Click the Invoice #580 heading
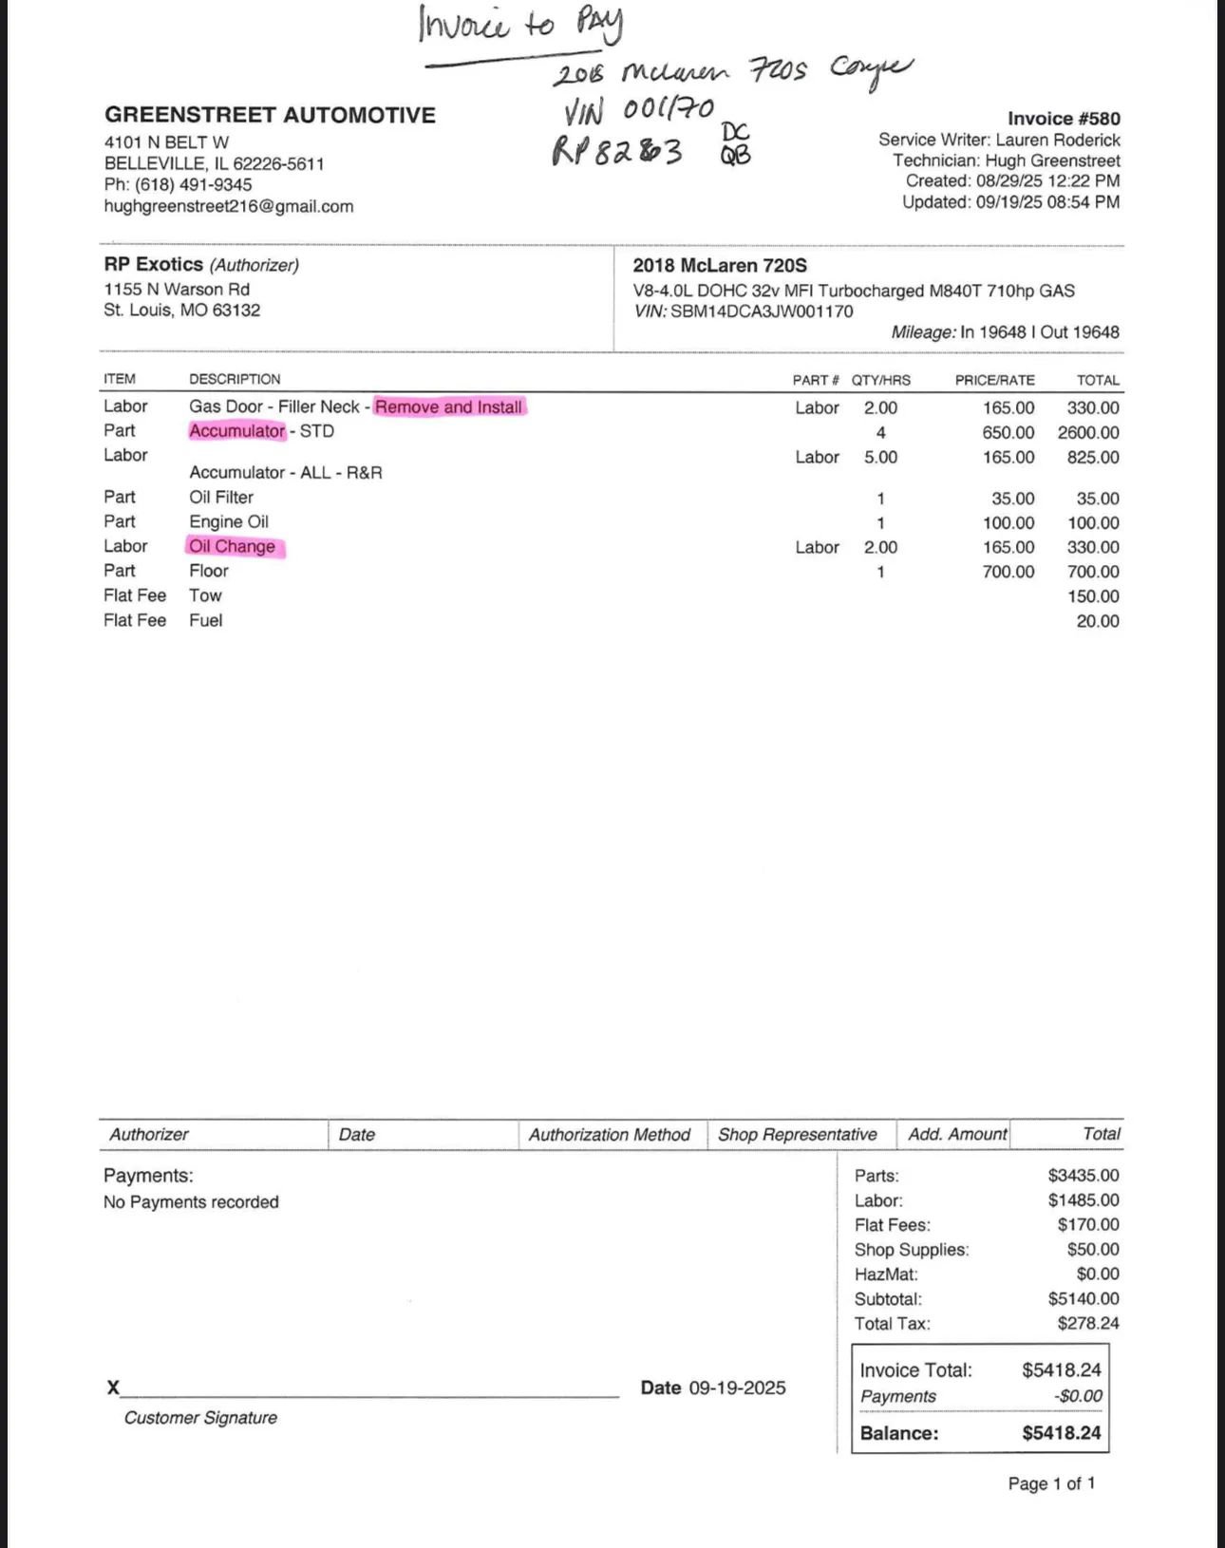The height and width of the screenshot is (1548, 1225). coord(1064,119)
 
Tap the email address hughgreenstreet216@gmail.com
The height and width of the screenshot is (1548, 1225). coord(229,206)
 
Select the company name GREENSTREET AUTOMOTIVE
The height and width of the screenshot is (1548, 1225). coord(270,115)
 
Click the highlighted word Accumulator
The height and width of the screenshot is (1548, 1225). coord(236,431)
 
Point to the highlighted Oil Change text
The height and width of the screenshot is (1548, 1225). coord(233,546)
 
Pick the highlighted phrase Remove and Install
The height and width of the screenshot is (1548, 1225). coord(448,407)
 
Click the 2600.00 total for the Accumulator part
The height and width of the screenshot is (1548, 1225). coord(1088,432)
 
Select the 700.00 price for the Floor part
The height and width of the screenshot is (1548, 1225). coord(1008,572)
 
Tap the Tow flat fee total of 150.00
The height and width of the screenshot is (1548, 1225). coord(1098,596)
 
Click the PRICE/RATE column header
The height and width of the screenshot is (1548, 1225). coord(994,380)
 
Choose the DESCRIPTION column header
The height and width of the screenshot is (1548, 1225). coord(235,379)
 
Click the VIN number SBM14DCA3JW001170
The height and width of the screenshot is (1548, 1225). coord(762,311)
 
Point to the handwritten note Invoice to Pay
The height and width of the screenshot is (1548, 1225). coord(520,25)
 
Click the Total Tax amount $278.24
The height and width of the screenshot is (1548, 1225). coord(1088,1323)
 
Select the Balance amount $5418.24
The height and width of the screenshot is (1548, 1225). coord(1062,1433)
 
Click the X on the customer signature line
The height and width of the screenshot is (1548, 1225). coord(113,1388)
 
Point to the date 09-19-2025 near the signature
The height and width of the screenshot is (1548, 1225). coord(737,1388)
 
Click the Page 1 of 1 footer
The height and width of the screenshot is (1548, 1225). coord(1051,1483)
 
